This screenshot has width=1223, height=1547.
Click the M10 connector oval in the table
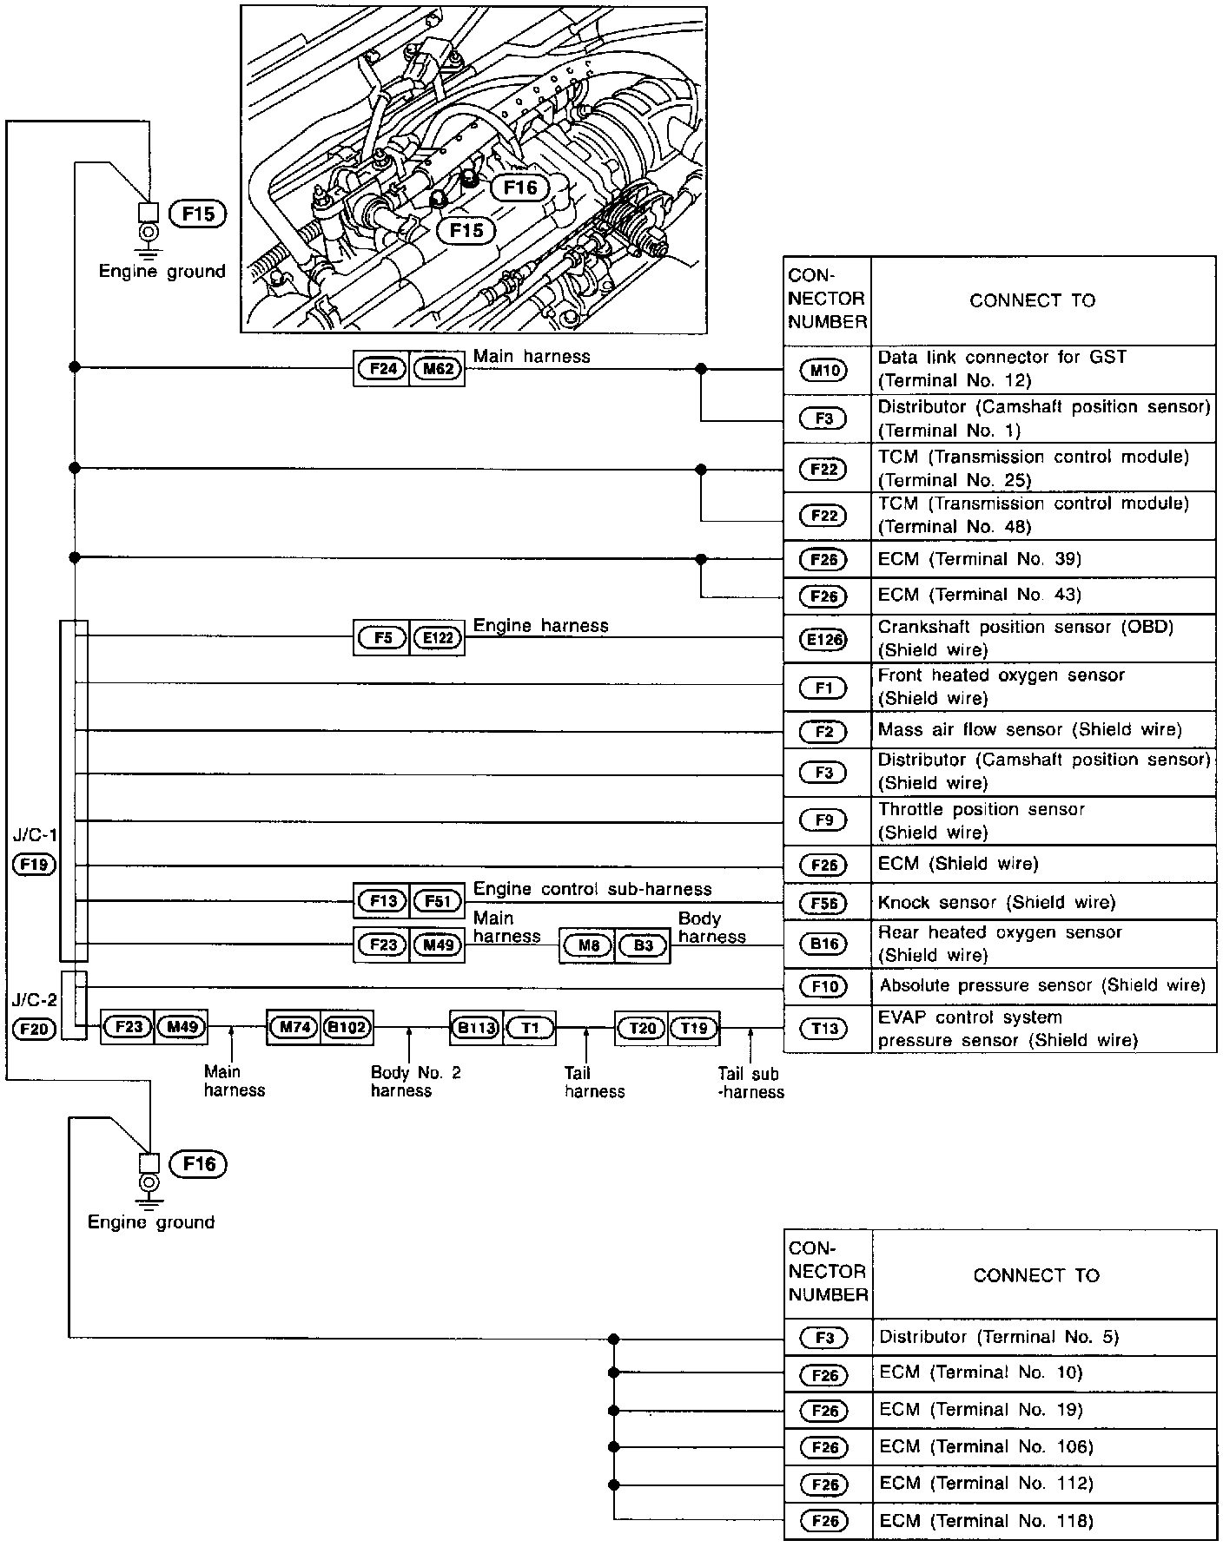(x=824, y=371)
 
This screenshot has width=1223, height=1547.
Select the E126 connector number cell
(x=824, y=640)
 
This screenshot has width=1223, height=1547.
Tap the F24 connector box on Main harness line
(x=382, y=368)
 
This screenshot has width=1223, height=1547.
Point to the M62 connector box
(x=438, y=368)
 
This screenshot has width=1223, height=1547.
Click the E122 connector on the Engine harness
(x=438, y=638)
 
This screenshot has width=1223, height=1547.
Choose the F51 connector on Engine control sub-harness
(x=438, y=901)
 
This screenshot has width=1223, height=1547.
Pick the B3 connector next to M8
(x=643, y=945)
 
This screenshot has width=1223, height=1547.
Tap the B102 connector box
(x=347, y=1028)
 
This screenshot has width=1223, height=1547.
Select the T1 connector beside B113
(x=530, y=1028)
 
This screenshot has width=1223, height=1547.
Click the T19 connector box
(x=694, y=1028)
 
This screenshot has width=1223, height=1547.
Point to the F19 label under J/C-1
(x=35, y=864)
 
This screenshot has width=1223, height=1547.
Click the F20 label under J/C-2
(x=35, y=1030)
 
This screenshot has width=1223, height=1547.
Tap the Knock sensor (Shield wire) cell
(x=996, y=902)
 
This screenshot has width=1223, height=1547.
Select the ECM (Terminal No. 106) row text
(x=986, y=1446)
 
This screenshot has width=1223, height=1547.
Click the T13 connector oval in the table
(x=824, y=1029)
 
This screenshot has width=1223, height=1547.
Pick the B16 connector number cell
(x=824, y=944)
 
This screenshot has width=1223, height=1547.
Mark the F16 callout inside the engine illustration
(x=520, y=188)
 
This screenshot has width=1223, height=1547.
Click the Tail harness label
(x=594, y=1083)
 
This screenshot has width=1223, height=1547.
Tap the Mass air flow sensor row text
(x=1029, y=730)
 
